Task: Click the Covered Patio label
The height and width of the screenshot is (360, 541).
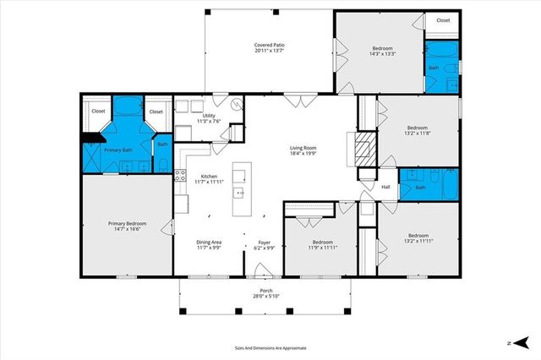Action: [269, 45]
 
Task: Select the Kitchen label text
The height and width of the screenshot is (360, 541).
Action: [209, 177]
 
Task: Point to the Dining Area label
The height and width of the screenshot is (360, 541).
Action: [209, 243]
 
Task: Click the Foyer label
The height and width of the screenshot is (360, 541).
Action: [265, 243]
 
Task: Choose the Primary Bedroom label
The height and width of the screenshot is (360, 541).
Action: [127, 224]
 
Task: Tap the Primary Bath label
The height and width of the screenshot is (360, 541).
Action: [118, 150]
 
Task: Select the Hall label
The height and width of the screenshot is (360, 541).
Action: [385, 187]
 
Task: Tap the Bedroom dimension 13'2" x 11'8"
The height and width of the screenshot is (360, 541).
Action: [418, 133]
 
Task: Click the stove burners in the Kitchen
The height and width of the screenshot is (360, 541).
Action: [179, 176]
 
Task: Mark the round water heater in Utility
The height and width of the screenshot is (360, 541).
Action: [236, 107]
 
